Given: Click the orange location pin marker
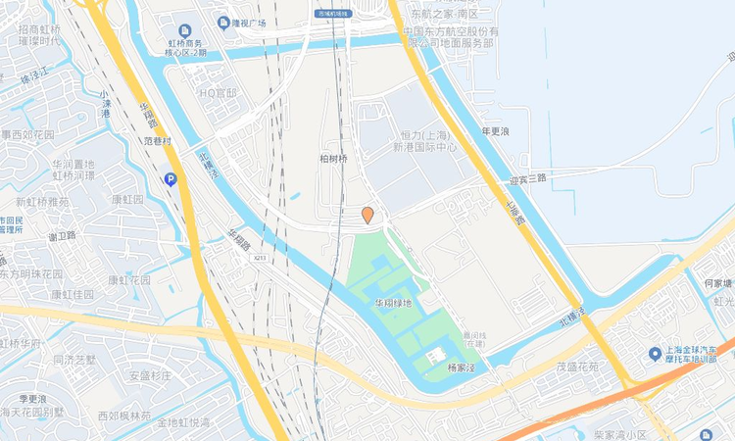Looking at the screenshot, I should (x=367, y=215).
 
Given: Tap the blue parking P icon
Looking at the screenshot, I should (x=171, y=179).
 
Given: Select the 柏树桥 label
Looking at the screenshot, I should (x=333, y=158).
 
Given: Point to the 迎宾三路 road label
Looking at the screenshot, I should (x=527, y=178).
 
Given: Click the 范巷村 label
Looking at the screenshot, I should (x=157, y=141).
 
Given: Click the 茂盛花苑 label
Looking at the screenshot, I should (x=577, y=367).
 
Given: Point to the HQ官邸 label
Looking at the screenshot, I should (x=219, y=93).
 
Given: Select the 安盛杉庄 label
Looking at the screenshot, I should (x=151, y=375).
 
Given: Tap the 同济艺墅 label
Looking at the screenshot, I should (x=75, y=360).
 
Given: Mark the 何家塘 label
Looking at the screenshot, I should (x=717, y=283).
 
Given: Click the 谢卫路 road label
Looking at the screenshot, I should (x=62, y=236).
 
